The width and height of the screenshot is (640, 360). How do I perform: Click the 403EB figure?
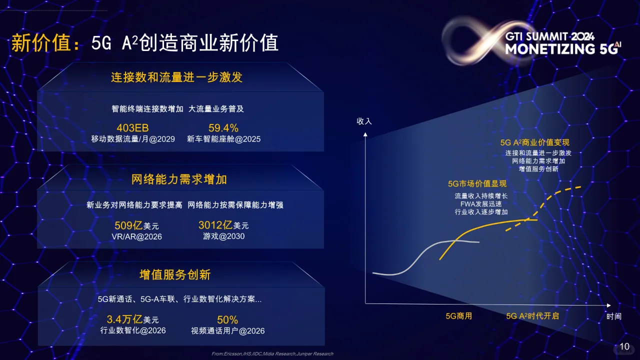coord(132,128)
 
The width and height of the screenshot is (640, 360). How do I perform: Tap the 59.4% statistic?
coord(223,128)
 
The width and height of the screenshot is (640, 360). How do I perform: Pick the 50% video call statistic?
coord(227,319)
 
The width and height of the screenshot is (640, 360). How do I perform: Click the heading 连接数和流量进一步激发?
coord(176,77)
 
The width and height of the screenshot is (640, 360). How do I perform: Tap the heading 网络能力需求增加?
coord(179,179)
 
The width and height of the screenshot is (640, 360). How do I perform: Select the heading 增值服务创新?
coord(175,274)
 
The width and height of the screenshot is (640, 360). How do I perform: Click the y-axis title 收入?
coord(364,121)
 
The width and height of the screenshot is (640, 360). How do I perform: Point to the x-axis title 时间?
coord(613,316)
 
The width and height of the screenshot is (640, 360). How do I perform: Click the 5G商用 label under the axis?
coord(458,316)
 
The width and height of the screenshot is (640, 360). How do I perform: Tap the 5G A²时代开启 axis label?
coord(532,316)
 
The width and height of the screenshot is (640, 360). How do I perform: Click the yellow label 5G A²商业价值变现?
coord(534,142)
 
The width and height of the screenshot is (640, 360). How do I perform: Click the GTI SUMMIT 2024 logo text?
coord(549,36)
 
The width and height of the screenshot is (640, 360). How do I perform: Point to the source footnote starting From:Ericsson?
coord(272,354)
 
